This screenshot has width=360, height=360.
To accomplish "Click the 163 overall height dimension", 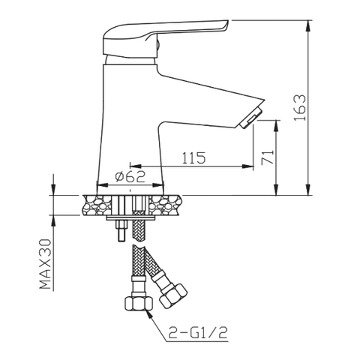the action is (299, 108).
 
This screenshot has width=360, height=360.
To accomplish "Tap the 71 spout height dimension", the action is (268, 157).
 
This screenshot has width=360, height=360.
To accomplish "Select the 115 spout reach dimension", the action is (193, 157).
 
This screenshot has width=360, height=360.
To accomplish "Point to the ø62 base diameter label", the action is (130, 176).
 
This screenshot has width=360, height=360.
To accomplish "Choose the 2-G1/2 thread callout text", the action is (198, 333).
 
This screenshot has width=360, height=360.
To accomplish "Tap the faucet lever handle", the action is (166, 37).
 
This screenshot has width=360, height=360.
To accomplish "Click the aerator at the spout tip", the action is (250, 118).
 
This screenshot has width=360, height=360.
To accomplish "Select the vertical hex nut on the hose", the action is (139, 303).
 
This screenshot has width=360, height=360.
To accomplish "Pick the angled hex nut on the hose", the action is (173, 295).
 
